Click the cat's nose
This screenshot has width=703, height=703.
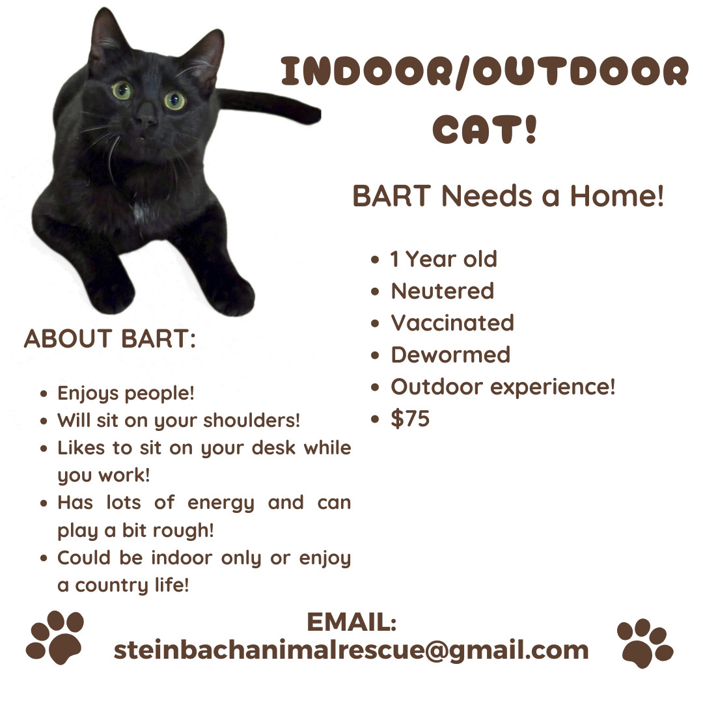coord(146,119)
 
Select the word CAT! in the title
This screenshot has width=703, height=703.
coord(486,128)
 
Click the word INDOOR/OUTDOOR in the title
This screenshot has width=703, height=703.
coord(484,72)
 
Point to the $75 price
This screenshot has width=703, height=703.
coord(410,419)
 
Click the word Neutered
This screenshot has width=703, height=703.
coord(442,290)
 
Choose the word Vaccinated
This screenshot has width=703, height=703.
coord(452,322)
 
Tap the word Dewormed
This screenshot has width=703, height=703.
coord(450,354)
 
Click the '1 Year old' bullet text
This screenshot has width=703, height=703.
coord(443,258)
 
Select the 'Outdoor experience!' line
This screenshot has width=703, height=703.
coord(503,387)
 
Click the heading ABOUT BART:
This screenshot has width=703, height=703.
coord(110,339)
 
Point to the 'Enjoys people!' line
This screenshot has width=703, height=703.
coord(126,393)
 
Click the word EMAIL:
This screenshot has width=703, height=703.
coord(351,622)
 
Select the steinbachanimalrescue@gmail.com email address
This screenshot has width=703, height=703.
coord(351,650)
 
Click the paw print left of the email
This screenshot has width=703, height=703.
coord(55,638)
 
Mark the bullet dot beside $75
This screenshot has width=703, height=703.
coord(374,419)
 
